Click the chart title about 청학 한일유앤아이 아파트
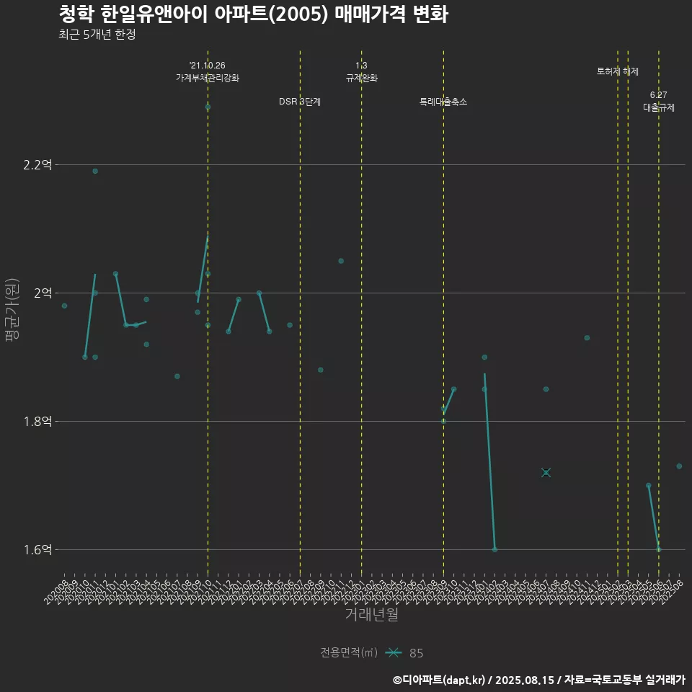[253, 14]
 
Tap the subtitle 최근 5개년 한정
[97, 35]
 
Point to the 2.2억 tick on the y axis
[37, 165]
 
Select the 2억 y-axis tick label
[43, 293]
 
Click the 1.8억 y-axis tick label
[37, 422]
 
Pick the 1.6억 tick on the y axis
[37, 550]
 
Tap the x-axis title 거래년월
[371, 615]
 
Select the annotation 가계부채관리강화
[208, 77]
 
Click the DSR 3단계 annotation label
[300, 102]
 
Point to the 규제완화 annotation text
[361, 77]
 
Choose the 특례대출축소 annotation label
[443, 102]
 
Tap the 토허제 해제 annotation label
[618, 71]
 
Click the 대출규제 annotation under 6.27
[659, 107]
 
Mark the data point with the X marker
[546, 472]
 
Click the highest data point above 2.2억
[208, 107]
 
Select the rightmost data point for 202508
[679, 466]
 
